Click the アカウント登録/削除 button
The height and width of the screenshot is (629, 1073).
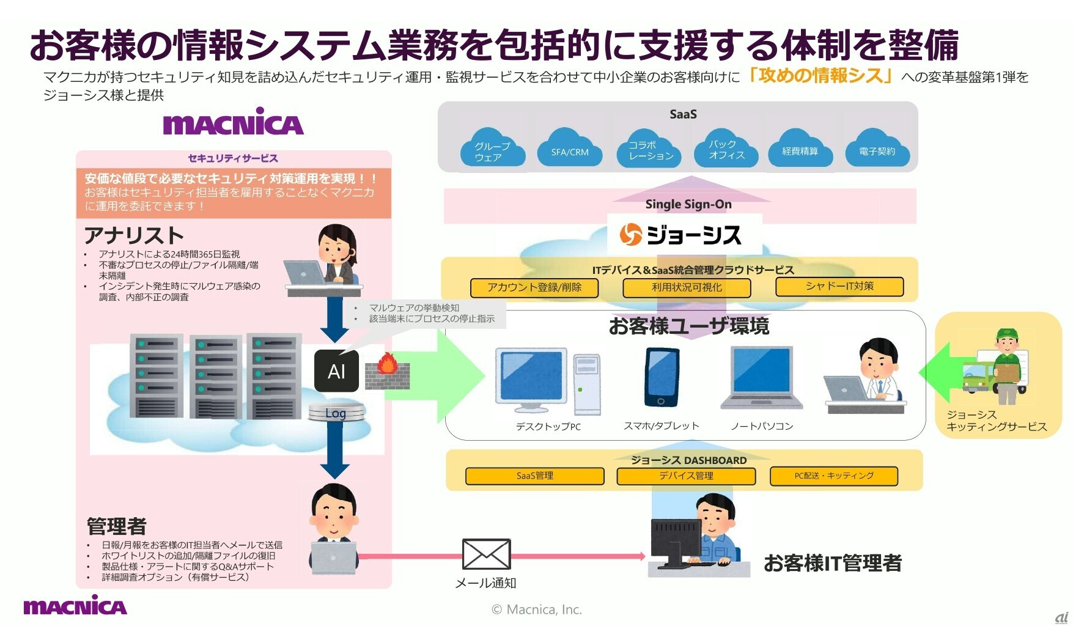[534, 287]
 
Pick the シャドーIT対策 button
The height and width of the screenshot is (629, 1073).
[839, 286]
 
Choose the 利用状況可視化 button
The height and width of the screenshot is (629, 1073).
[687, 287]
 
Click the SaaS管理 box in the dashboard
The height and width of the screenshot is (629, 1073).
[534, 476]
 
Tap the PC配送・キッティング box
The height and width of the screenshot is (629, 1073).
[834, 476]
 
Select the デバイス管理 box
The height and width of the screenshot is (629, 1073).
[686, 476]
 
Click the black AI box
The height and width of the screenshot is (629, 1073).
[336, 371]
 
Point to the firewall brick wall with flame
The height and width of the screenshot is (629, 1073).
[387, 372]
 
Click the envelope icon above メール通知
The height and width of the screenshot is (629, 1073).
[486, 554]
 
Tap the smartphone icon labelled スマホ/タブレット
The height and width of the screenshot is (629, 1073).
[662, 378]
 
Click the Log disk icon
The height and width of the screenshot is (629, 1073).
[336, 413]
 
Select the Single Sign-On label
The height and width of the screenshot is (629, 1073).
[688, 204]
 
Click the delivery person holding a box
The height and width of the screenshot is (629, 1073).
[1006, 367]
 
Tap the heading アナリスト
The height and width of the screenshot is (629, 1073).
[134, 235]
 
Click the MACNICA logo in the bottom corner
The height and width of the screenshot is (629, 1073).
[75, 606]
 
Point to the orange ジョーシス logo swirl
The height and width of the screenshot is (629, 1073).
[630, 235]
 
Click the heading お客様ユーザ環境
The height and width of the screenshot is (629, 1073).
[688, 326]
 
